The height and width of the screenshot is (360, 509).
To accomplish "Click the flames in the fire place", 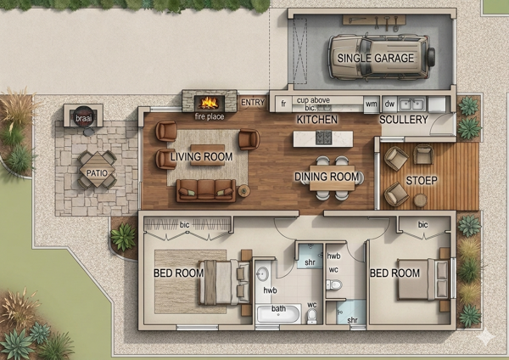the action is pyautogui.click(x=209, y=103).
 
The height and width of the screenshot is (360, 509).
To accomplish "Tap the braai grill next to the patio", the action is pyautogui.click(x=83, y=116).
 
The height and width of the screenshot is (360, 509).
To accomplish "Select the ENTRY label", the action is pyautogui.click(x=253, y=103).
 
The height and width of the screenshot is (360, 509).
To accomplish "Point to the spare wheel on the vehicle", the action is pyautogui.click(x=432, y=57).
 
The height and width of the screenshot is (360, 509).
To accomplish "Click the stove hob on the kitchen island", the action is pyautogui.click(x=324, y=138).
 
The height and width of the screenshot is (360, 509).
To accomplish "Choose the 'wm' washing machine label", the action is pyautogui.click(x=372, y=104).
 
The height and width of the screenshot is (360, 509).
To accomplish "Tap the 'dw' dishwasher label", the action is pyautogui.click(x=389, y=104).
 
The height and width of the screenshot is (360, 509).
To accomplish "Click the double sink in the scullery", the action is pyautogui.click(x=412, y=104).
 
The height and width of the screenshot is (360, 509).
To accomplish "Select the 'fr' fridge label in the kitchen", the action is pyautogui.click(x=283, y=104).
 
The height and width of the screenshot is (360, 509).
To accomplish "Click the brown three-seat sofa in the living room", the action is pyautogui.click(x=206, y=191).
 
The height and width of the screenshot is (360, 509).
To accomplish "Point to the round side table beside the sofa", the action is pyautogui.click(x=244, y=191).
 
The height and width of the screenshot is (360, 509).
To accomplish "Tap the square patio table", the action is pyautogui.click(x=97, y=170).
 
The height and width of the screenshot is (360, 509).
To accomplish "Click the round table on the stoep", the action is pyautogui.click(x=421, y=200).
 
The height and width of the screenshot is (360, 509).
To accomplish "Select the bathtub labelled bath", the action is pyautogui.click(x=278, y=314).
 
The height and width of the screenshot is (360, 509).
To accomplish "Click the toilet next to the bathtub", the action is pyautogui.click(x=311, y=316).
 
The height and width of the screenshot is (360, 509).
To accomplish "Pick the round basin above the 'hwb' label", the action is pyautogui.click(x=262, y=274).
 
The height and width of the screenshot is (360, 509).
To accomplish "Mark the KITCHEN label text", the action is pyautogui.click(x=317, y=120).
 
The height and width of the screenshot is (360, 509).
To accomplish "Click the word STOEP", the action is pyautogui.click(x=422, y=180).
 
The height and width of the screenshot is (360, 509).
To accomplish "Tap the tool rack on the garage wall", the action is pyautogui.click(x=374, y=20).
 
